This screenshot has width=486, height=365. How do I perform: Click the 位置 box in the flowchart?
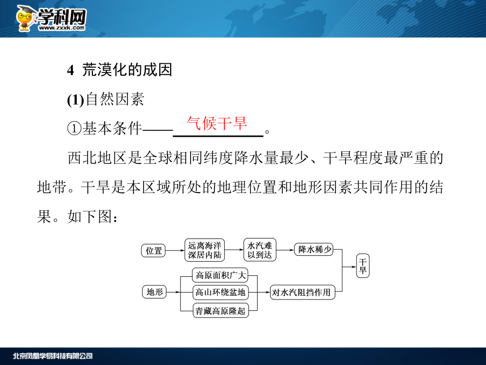point(153,250)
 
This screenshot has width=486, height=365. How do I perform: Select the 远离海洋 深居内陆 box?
point(205,250)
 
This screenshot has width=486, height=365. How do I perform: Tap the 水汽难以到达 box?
point(260,250)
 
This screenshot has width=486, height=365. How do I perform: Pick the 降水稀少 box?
point(314,249)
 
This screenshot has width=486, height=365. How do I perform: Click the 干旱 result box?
point(363,266)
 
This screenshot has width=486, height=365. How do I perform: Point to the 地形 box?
point(154,292)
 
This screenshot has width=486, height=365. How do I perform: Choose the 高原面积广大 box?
point(220,275)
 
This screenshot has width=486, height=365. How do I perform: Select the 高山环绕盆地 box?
point(220,292)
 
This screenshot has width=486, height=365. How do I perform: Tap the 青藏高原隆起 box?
point(220,310)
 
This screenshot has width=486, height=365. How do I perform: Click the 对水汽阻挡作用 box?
point(302,292)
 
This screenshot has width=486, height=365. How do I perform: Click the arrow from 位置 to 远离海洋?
point(175,250)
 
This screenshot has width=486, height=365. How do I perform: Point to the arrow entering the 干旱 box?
point(349,267)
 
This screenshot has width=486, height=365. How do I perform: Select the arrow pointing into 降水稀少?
point(285,250)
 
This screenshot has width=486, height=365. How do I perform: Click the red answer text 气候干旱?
point(217,123)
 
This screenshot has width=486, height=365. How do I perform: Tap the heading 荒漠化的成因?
point(127,70)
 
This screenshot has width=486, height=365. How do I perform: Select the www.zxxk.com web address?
point(62,28)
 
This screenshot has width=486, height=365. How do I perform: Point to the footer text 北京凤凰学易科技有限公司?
point(53,356)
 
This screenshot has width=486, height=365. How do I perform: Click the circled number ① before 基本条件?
point(75,128)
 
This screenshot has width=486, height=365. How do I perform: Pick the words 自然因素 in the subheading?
point(114,99)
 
